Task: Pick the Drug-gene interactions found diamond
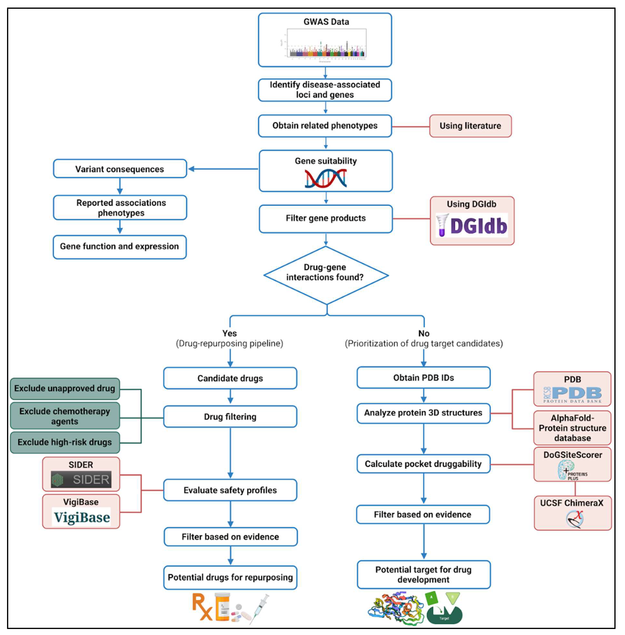pyautogui.click(x=326, y=275)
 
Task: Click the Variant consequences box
pyautogui.click(x=120, y=169)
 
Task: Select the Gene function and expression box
pyautogui.click(x=120, y=246)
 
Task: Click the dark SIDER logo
pyautogui.click(x=81, y=479)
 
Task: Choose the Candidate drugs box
pyautogui.click(x=230, y=378)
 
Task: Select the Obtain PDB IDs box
pyautogui.click(x=423, y=378)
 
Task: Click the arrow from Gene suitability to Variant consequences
pyautogui.click(x=223, y=169)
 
